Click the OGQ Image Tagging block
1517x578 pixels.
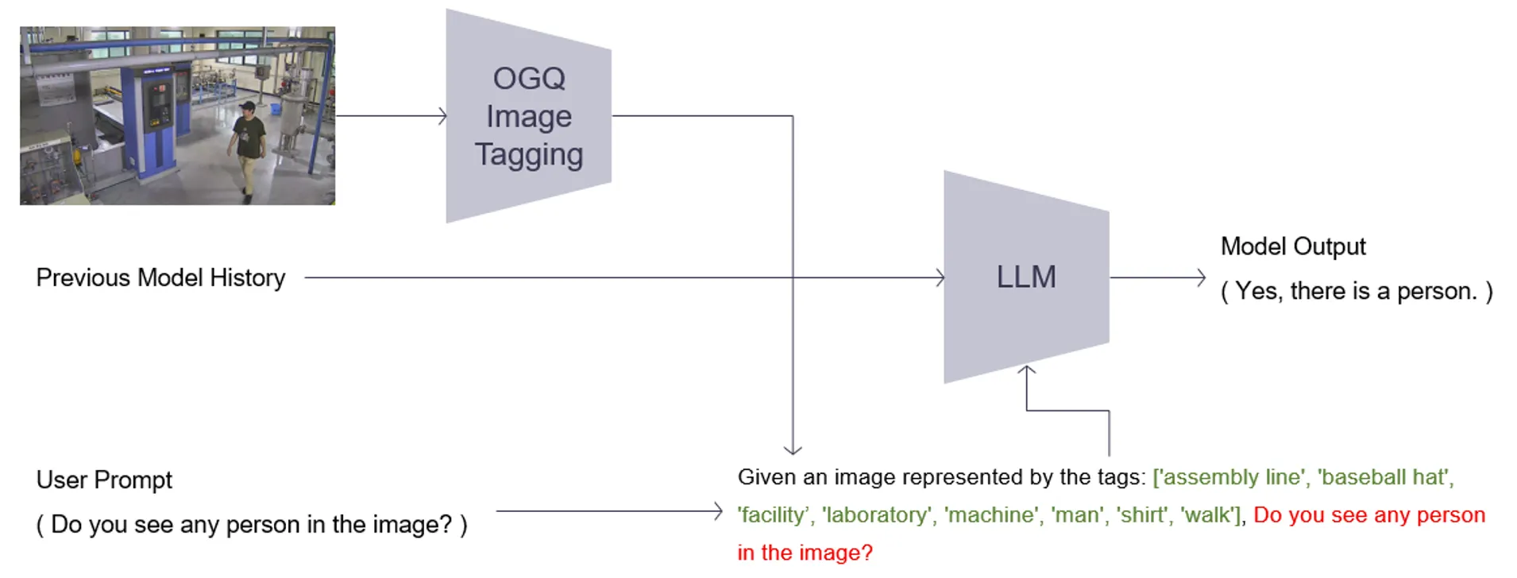528,116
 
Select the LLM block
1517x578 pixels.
1025,277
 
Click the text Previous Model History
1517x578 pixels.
160,277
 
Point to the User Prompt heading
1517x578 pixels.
104,480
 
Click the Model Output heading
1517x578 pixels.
1292,246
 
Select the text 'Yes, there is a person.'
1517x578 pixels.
1356,291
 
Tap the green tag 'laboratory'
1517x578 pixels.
877,515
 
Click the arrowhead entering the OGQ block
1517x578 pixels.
443,116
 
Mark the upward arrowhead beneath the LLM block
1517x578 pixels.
1026,370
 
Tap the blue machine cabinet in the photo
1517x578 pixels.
155,119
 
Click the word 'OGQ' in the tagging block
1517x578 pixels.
529,78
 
